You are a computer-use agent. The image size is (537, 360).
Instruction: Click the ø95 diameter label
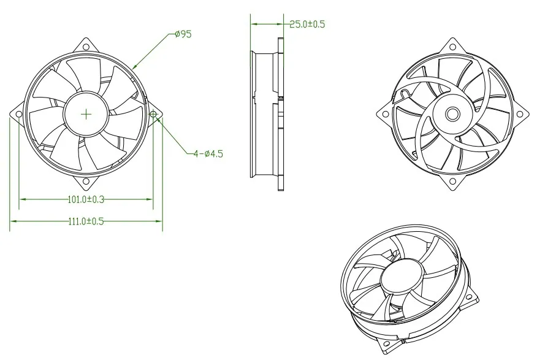pyautogui.click(x=183, y=34)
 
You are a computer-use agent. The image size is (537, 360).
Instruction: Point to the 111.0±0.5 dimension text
pyautogui.click(x=85, y=221)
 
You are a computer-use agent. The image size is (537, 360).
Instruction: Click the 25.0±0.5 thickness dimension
pyautogui.click(x=307, y=25)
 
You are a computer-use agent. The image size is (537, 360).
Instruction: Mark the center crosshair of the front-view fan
pyautogui.click(x=86, y=113)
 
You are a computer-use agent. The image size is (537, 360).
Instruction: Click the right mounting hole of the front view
pyautogui.click(x=153, y=114)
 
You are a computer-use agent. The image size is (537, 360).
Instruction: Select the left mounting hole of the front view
pyautogui.click(x=18, y=114)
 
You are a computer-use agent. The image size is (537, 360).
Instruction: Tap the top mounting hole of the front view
pyautogui.click(x=86, y=47)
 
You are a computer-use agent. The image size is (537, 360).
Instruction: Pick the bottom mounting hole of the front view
pyautogui.click(x=86, y=181)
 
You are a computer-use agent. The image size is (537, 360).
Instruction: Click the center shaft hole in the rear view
pyautogui.click(x=452, y=114)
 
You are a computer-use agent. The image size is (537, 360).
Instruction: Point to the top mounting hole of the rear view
pyautogui.click(x=452, y=47)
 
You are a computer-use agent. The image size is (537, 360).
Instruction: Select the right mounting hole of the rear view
pyautogui.click(x=520, y=114)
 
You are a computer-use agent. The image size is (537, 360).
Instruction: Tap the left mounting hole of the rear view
pyautogui.click(x=385, y=114)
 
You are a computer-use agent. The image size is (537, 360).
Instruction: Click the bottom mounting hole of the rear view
pyautogui.click(x=452, y=182)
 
